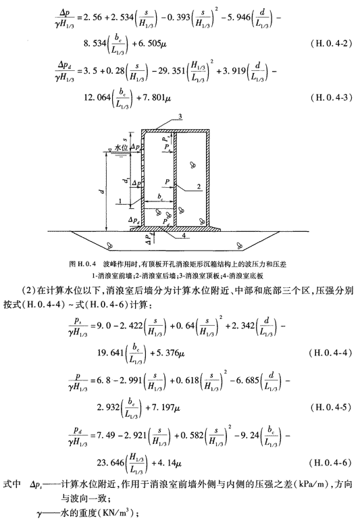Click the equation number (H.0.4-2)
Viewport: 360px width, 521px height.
[331, 43]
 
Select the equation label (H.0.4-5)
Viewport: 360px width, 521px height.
[331, 407]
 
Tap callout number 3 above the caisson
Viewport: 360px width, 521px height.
[180, 116]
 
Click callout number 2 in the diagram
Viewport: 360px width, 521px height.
[199, 187]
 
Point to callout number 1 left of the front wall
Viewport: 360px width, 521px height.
[120, 201]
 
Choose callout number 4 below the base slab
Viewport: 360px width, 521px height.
[184, 235]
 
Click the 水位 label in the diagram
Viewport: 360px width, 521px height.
[122, 147]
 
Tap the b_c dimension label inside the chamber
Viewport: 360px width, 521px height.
[160, 197]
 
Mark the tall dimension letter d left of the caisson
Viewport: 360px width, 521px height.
[103, 192]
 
